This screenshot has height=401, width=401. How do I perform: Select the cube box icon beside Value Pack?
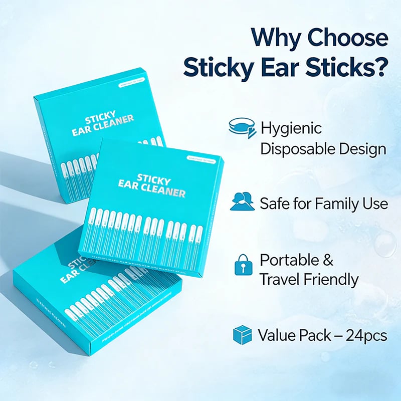(242, 335)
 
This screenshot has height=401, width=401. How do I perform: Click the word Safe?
(274, 203)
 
